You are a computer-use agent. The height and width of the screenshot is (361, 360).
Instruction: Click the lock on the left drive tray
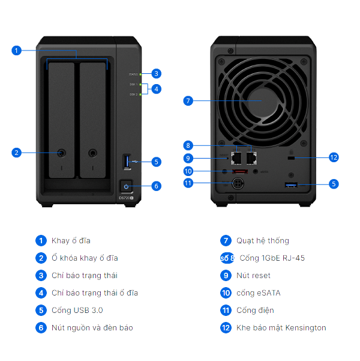pos(62,153)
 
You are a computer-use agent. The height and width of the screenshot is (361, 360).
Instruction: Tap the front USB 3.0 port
pos(126,161)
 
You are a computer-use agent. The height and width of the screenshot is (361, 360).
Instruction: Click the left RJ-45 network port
pos(237,159)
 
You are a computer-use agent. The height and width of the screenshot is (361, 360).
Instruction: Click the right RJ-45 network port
pos(252,159)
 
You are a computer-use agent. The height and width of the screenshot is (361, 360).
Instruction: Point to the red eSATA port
pos(239,172)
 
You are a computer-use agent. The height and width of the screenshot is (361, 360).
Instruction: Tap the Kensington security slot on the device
pos(292,158)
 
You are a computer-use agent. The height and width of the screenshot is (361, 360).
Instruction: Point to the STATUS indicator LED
pos(142,74)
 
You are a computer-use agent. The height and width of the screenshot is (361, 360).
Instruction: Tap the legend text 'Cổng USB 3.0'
pos(77,311)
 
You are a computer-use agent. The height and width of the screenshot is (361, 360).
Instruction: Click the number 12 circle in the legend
pos(226,328)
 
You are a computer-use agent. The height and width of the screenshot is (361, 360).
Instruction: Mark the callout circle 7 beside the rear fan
pos(188,101)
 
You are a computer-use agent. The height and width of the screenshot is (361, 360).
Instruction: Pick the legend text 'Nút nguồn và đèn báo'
pos(92,328)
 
